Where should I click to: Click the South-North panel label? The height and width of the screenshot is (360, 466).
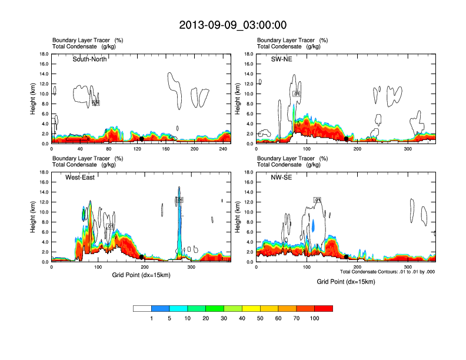tap(89, 59)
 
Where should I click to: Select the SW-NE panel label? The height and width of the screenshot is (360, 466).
tap(282, 59)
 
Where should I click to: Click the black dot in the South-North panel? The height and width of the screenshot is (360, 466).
tap(141, 139)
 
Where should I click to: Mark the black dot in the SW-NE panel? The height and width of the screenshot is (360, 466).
tap(347, 139)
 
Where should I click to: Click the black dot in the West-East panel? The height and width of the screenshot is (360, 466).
tap(142, 257)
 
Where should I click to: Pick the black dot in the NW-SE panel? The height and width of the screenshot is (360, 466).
tap(346, 256)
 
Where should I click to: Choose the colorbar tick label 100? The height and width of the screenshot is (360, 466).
tap(315, 318)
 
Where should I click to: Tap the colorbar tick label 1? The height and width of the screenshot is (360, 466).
tap(151, 318)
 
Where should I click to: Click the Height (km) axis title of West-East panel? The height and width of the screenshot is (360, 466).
tap(34, 217)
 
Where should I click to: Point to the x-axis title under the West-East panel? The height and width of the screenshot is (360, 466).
tap(141, 274)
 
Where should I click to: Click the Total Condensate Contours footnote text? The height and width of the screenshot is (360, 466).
tap(387, 272)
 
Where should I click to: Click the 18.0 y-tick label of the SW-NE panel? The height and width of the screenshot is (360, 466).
tap(249, 54)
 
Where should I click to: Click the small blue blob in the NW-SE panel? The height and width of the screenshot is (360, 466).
tap(314, 225)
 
